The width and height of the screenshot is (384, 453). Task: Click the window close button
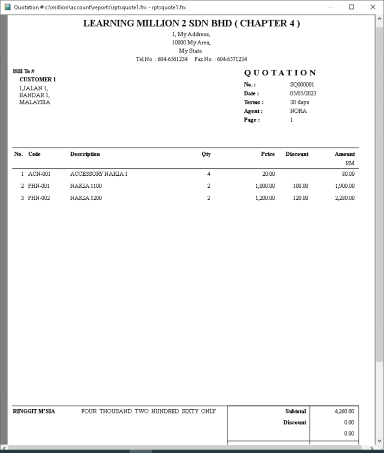[372, 7]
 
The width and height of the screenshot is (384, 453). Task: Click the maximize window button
[351, 7]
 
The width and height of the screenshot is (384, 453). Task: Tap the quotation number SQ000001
[302, 85]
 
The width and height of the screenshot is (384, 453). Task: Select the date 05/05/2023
[303, 93]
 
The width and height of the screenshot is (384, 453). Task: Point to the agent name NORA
[298, 111]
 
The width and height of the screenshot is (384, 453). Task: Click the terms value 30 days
[299, 102]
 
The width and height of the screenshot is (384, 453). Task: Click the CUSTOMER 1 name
[37, 79]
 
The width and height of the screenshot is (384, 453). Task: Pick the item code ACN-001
[39, 174]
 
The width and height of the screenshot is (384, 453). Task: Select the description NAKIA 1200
[85, 198]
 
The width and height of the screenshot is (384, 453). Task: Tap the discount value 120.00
[300, 198]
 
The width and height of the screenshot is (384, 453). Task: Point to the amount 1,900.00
[344, 186]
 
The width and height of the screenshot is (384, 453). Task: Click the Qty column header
[206, 154]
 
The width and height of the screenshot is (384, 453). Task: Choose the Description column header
[85, 154]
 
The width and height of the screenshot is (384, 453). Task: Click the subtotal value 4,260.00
[344, 412]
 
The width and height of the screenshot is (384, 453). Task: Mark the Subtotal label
[295, 412]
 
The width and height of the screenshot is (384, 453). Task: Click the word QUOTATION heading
[280, 73]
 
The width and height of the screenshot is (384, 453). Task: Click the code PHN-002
[39, 198]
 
